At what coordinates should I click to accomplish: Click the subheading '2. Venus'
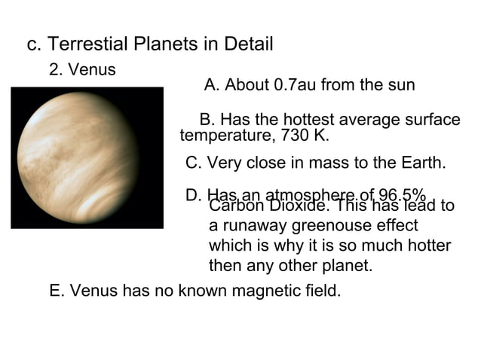[x=82, y=70]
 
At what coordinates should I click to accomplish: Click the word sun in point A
[x=401, y=85]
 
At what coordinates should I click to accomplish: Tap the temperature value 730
[x=294, y=136]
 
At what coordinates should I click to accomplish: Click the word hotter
[x=427, y=246]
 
